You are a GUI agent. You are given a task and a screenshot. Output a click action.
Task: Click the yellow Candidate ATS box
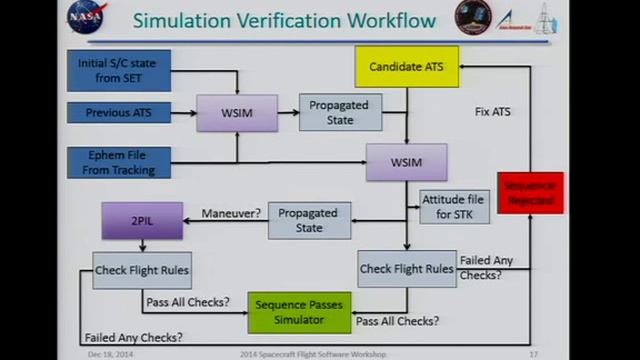406,67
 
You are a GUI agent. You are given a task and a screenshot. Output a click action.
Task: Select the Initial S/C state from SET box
118,70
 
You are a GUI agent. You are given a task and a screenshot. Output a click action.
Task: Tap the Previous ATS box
119,113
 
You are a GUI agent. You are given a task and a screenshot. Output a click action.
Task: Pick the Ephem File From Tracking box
119,163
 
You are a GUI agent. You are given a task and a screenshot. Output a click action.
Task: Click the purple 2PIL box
141,220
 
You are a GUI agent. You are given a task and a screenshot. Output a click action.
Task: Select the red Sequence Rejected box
531,192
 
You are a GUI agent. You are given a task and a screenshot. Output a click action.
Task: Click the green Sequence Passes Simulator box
299,312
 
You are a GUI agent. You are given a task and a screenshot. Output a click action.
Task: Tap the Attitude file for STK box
453,207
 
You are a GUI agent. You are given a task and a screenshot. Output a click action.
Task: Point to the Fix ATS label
492,112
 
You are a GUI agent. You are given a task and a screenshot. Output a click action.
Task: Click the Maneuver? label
231,213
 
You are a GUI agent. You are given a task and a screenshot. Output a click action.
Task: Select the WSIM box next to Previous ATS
236,113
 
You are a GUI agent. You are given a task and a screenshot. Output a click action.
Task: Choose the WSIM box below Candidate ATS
406,162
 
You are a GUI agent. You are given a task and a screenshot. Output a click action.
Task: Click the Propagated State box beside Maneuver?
309,220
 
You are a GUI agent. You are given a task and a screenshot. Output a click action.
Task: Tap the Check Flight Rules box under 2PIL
141,269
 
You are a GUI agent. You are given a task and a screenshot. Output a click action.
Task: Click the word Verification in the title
307,19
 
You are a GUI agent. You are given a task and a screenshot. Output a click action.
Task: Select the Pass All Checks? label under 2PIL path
186,302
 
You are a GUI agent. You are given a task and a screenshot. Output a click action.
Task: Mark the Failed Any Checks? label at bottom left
133,337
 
